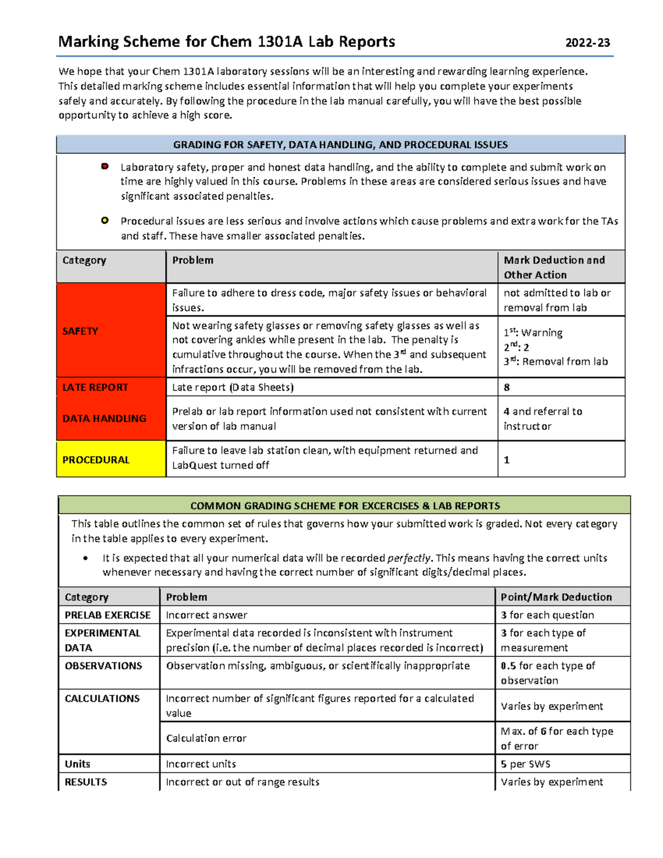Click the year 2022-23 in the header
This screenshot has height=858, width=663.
point(587,43)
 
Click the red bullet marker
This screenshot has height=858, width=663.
point(105,166)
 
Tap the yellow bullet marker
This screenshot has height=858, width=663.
point(105,220)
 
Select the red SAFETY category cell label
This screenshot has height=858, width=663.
point(80,331)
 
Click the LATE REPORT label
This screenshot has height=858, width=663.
point(95,387)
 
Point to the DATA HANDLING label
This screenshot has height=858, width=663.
point(104,418)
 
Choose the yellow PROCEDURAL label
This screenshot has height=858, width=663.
point(96,460)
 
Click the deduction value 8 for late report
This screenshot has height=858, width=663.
point(507,387)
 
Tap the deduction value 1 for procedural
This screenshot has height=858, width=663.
point(507,460)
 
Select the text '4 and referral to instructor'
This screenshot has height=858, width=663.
point(543,419)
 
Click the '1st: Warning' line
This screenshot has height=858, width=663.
point(533,333)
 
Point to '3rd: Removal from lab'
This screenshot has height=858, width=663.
point(555,362)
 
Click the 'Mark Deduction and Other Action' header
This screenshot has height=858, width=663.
point(554,267)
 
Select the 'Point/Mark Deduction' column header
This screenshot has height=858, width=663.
point(556,597)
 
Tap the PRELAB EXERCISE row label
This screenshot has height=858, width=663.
point(108,615)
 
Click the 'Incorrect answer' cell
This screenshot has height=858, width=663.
point(207,615)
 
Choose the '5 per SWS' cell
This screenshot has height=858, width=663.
point(525,764)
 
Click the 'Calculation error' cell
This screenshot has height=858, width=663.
point(206,738)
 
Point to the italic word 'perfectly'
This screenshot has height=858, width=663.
point(409,558)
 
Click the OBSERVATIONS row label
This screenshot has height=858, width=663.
point(103,666)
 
